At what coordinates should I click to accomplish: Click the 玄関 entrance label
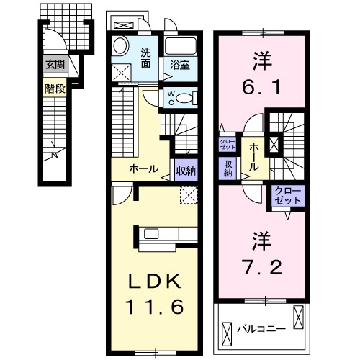[x=54, y=64]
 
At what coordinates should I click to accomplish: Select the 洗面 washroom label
[x=145, y=57]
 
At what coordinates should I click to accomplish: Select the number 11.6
[x=153, y=306]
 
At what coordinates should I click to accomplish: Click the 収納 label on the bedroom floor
[x=228, y=168]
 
